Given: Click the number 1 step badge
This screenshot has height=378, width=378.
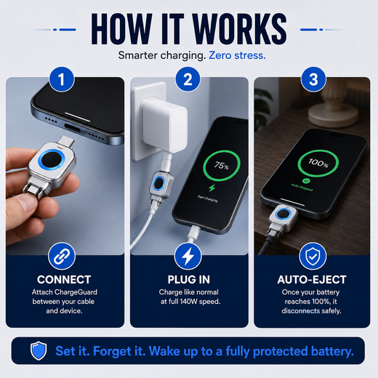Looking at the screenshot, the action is (62, 79).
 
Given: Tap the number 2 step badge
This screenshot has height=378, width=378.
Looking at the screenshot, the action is (188, 79).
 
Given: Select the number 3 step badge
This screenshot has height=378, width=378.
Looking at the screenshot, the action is (313, 79).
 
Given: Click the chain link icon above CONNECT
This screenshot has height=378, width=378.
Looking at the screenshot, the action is (62, 256).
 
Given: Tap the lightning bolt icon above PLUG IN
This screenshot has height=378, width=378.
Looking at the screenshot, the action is (188, 256).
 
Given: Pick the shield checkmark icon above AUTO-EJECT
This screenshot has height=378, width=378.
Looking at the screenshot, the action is (313, 256).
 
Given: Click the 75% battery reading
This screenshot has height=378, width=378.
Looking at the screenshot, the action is (222, 166).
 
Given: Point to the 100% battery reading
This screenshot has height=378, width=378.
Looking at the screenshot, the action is (318, 163).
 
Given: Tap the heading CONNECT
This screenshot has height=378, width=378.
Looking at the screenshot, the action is (64, 280).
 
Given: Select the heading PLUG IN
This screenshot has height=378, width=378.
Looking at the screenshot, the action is (189, 280).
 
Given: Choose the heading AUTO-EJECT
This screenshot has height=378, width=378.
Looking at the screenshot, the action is (312, 280).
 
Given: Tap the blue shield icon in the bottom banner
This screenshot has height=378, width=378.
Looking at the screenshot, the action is (39, 350).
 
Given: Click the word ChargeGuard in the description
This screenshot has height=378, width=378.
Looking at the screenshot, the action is (76, 292).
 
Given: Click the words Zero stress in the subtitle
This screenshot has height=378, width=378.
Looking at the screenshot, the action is (237, 55).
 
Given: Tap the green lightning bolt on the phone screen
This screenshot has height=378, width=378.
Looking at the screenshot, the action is (212, 188).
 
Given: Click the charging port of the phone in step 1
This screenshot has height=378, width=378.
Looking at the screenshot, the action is (72, 126).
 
